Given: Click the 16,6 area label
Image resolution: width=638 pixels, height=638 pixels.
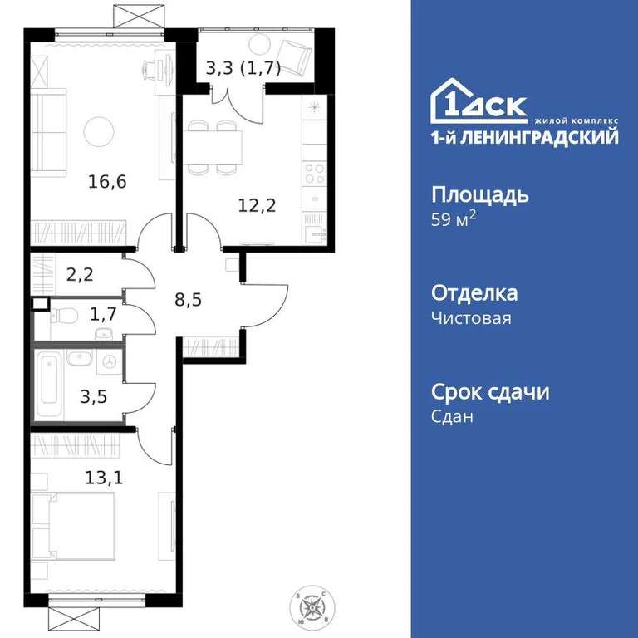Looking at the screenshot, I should (107, 182).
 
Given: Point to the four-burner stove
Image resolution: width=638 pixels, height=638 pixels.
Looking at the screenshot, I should (315, 174).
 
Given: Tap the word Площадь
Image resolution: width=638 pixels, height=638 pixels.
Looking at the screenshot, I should (479, 196).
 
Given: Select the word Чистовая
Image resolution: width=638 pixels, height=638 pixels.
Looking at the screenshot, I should (471, 319).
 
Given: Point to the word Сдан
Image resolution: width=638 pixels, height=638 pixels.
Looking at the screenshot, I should (452, 417).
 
